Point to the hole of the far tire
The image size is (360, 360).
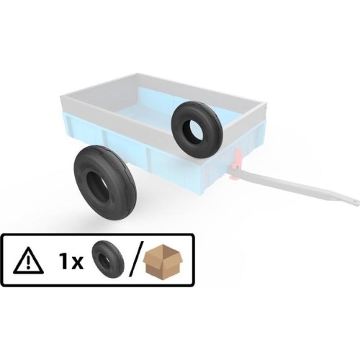point(193,129)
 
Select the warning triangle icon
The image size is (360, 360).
point(29,261)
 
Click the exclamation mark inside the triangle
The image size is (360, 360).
point(29,263)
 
